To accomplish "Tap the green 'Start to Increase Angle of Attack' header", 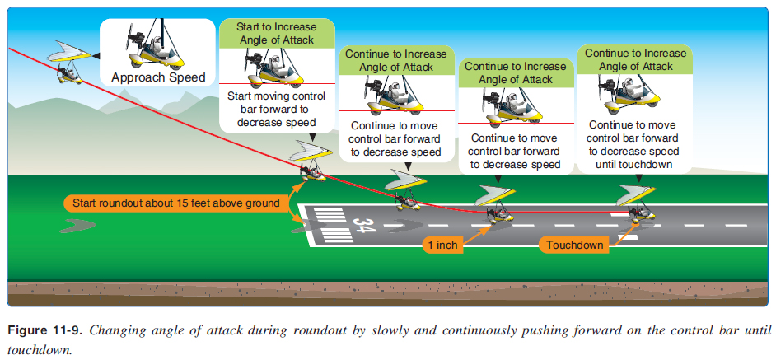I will pos(278,34).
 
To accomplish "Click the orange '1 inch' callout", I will pos(443,245).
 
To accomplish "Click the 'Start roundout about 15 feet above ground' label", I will pos(175,203).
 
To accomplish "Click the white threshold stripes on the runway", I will pos(325,224).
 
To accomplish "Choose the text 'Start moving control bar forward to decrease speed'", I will pos(278,109).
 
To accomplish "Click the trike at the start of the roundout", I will pos(312,164).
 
